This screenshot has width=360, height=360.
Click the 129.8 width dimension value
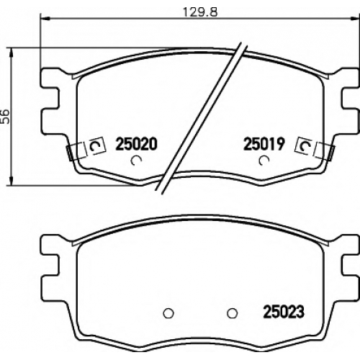[200, 12]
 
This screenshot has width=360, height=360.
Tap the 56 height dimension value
[5, 117]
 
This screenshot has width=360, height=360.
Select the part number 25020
[136, 144]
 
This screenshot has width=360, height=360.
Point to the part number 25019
[264, 144]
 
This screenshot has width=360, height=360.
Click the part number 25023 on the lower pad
[284, 311]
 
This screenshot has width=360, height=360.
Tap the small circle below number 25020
[136, 161]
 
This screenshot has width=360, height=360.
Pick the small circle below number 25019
[264, 161]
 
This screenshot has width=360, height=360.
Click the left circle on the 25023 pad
[168, 313]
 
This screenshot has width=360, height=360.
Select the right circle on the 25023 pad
[233, 313]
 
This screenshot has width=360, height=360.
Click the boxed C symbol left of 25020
[97, 145]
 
